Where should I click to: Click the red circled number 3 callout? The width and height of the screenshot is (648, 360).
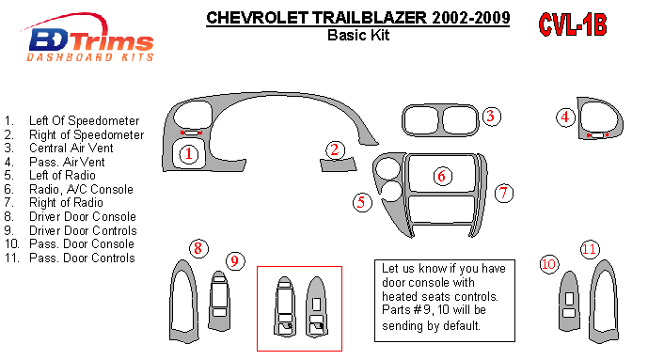click(491, 117)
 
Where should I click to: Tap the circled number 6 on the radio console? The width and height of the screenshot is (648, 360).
click(442, 177)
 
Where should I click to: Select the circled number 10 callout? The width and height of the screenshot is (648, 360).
click(549, 264)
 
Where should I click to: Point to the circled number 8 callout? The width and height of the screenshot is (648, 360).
click(198, 248)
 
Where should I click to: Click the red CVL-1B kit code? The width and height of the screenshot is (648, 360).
click(573, 24)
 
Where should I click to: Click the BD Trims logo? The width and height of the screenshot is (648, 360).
click(89, 39)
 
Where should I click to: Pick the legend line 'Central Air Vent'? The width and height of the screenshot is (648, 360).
click(71, 149)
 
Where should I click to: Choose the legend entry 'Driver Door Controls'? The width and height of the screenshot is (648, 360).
click(83, 230)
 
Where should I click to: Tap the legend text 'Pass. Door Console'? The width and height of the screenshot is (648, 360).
click(82, 244)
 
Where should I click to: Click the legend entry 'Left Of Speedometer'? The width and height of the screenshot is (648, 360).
click(85, 121)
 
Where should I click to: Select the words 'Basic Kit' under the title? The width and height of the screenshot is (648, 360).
click(358, 35)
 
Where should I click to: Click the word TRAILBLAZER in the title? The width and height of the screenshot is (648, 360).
click(370, 18)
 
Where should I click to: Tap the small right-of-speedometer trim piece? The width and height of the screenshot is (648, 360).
click(338, 164)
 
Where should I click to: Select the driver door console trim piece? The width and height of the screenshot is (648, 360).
click(174, 302)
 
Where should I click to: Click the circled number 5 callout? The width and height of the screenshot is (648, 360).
click(362, 202)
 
